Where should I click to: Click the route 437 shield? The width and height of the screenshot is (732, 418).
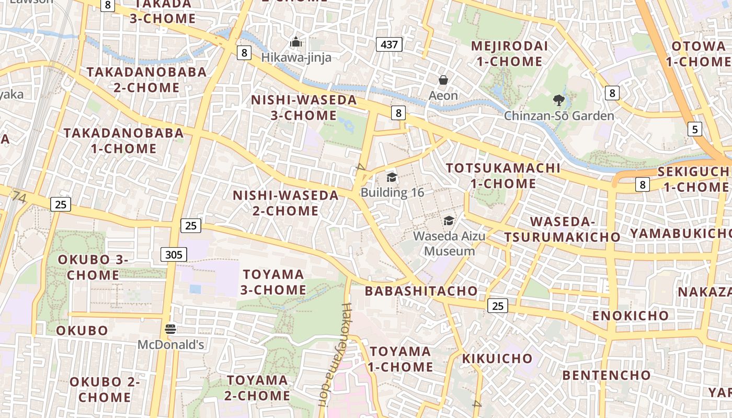389,44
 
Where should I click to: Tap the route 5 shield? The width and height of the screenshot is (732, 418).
694,129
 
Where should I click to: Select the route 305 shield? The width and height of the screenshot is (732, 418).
173,254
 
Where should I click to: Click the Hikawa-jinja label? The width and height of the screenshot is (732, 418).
296,57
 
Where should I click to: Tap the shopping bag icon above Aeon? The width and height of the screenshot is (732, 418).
443,80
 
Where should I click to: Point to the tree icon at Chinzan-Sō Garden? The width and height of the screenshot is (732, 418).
558,100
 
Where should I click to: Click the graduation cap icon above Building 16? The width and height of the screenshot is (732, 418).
392,178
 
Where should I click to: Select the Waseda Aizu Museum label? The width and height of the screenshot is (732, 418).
449,243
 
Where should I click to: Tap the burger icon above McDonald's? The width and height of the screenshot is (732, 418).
170,329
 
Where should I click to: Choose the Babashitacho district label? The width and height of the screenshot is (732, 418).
421,291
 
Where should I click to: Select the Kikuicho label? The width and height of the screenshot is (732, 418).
497,359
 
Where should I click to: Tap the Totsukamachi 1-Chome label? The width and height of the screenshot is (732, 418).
502,176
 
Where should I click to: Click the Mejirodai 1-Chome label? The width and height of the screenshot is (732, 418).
509,54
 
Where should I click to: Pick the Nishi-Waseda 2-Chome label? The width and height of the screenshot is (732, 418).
285,203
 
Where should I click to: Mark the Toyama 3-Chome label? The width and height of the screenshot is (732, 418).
274,282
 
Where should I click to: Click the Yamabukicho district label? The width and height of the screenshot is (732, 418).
680,234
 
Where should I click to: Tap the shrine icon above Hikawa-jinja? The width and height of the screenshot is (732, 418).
296,41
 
